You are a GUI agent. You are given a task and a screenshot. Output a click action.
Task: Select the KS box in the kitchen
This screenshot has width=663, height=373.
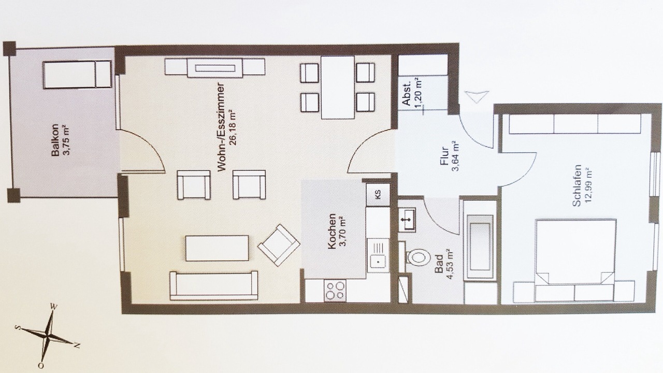(x=377, y=194)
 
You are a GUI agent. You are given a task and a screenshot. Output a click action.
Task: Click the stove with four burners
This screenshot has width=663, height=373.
(x=335, y=291)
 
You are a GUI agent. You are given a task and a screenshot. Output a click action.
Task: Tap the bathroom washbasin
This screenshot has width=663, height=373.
(x=407, y=219)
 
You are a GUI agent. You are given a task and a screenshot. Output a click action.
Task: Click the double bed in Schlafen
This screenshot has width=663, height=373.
(x=575, y=251)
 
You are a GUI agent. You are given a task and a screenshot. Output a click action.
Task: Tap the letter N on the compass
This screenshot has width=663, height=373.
(x=77, y=346)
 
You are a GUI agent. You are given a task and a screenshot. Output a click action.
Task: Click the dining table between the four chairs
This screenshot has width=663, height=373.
(x=338, y=88)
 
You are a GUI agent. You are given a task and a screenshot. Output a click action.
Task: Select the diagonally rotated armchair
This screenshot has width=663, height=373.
(x=279, y=245)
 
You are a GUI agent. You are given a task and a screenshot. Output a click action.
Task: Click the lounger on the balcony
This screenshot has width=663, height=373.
(x=77, y=75)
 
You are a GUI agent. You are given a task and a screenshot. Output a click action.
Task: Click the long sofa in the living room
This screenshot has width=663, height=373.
(x=213, y=285)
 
